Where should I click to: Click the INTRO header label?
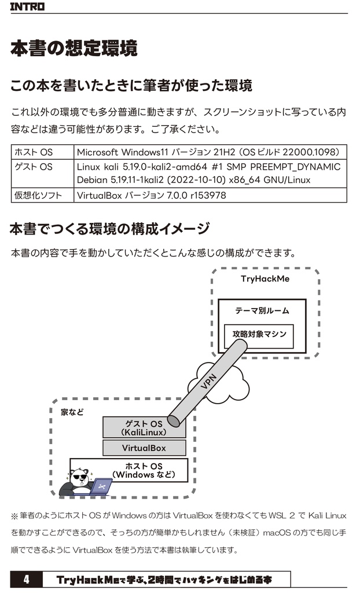pos(27,7)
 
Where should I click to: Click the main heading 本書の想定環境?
pos(74,49)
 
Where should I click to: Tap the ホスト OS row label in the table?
pos(34,152)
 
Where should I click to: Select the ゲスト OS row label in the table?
pos(34,167)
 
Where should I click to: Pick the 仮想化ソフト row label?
pos(38,195)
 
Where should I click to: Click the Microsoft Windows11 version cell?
pos(208,152)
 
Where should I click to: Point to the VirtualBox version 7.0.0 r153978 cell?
pos(151,195)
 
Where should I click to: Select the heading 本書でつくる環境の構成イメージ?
pos(109,229)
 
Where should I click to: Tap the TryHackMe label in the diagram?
pos(265,279)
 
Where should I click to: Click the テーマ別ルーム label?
pos(262,310)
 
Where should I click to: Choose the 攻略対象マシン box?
pos(259,335)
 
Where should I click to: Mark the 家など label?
pos(72,412)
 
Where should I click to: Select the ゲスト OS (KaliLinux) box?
pos(144,428)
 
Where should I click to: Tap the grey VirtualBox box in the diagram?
pos(144,448)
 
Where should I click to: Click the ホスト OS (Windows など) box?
pos(144,470)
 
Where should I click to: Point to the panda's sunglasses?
pos(80,478)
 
